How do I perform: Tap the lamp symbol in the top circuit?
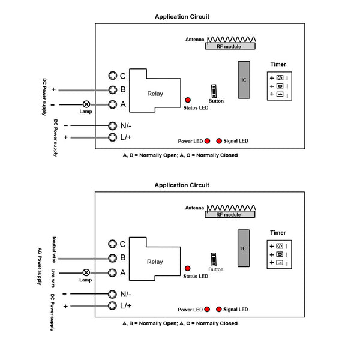coord(86,104)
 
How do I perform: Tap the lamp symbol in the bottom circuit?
coord(86,272)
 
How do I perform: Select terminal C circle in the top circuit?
coord(113,76)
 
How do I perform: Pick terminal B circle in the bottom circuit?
coord(112,258)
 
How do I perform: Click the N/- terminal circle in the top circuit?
coord(113,125)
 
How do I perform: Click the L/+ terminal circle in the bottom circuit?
coord(112,305)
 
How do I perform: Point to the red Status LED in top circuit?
coord(188,100)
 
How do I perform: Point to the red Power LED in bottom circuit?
coord(207,309)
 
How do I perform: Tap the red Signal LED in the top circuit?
coord(219,141)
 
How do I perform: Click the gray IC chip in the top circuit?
coord(244,80)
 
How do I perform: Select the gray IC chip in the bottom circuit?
coord(244,248)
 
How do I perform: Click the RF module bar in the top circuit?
coord(230,46)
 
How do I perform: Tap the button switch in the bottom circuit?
coord(214,259)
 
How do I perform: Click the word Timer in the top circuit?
coord(278,64)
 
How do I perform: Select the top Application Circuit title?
coord(182,17)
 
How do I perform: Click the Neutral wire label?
coord(54,250)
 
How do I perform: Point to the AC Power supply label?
coord(40,266)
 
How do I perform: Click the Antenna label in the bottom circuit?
coord(194,208)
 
